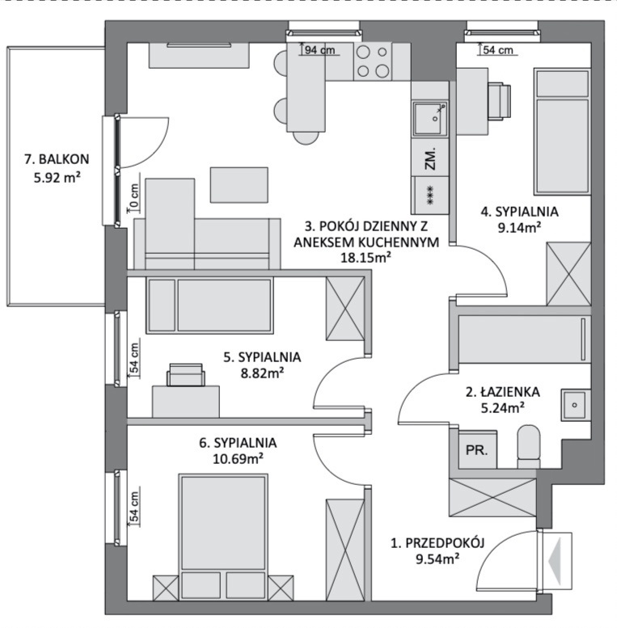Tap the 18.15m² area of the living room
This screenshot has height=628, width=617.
(x=366, y=258)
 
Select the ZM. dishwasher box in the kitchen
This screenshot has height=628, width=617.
(x=430, y=158)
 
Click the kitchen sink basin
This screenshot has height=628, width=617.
(x=430, y=119)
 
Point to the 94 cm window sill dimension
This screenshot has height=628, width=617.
(x=319, y=50)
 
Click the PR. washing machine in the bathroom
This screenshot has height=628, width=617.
(x=477, y=450)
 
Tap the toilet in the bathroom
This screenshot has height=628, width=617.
(x=529, y=447)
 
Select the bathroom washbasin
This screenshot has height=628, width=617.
(x=576, y=405)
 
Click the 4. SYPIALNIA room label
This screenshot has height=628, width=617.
(x=519, y=212)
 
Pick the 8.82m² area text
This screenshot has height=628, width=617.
(x=262, y=373)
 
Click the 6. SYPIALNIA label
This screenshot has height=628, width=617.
(x=238, y=443)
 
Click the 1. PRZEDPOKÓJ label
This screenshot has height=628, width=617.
(x=437, y=543)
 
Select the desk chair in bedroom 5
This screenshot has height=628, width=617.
(x=185, y=375)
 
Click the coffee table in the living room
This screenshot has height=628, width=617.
(x=239, y=185)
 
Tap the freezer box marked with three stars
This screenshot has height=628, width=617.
(x=430, y=195)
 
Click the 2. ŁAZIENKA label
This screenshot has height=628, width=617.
(x=502, y=392)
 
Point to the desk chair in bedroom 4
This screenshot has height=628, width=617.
(x=499, y=101)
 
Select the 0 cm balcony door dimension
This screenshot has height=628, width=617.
(x=134, y=196)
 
